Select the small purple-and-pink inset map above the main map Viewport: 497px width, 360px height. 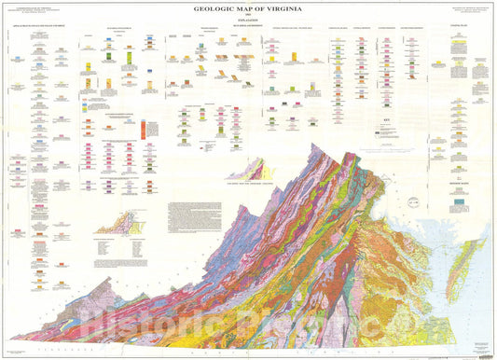(x=249, y=170)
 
